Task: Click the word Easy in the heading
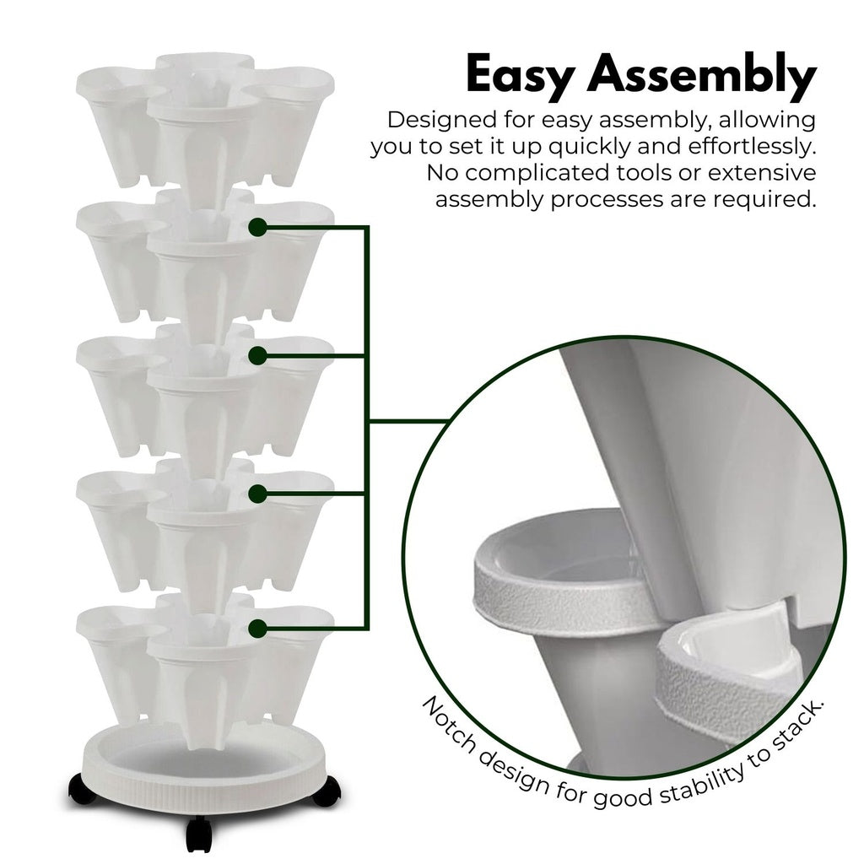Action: click(520, 74)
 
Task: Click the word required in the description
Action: click(766, 200)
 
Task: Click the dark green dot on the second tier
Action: click(258, 227)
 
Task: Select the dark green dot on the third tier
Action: click(258, 356)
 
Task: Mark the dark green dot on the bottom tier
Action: click(258, 627)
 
